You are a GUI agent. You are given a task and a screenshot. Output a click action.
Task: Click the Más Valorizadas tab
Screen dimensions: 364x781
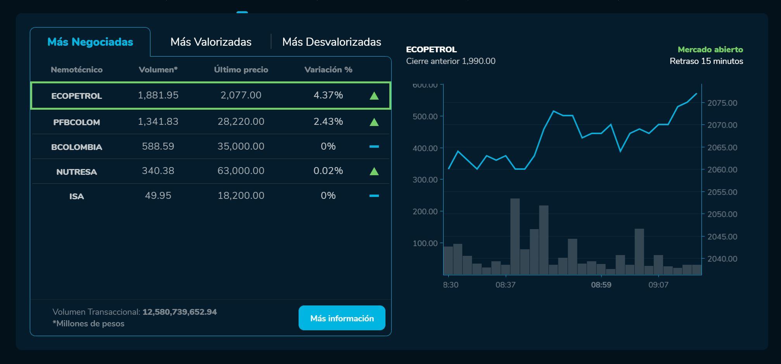[x=211, y=42]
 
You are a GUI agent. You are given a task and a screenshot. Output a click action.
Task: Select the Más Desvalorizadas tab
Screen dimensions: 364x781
[x=332, y=42]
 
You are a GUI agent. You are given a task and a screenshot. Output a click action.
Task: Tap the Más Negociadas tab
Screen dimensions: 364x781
[x=90, y=42]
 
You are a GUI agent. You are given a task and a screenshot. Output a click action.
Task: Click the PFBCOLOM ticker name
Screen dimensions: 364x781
[x=76, y=122]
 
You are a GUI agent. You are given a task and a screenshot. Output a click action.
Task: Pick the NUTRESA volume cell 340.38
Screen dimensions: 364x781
[x=158, y=171]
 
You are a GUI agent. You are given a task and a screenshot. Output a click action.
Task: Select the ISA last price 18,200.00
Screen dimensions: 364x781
[x=241, y=196]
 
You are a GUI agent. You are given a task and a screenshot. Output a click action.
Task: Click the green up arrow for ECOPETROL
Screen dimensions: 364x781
[x=374, y=96]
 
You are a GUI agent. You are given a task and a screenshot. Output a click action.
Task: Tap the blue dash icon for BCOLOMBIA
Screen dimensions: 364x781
[x=374, y=147]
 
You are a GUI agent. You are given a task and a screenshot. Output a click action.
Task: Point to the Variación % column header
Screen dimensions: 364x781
[x=328, y=70]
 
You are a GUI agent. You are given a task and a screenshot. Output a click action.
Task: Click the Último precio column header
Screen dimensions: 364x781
[x=241, y=70]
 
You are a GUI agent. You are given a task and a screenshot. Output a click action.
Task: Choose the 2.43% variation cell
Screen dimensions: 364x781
[x=328, y=122]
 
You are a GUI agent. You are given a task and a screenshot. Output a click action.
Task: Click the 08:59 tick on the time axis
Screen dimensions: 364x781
[x=601, y=285]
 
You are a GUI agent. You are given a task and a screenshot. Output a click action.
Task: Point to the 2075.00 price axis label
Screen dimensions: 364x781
[x=722, y=103]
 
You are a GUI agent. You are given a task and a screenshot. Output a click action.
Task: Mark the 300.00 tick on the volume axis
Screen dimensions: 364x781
[x=425, y=180]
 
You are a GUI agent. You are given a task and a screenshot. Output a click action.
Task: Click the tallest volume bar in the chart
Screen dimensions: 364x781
[x=515, y=236]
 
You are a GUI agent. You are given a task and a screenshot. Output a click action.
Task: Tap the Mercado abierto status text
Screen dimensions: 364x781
[x=710, y=50]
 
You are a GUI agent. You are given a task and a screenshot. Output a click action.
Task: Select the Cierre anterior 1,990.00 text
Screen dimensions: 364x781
[x=451, y=61]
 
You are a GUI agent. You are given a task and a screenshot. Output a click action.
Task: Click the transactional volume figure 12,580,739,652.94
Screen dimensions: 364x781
[x=180, y=312]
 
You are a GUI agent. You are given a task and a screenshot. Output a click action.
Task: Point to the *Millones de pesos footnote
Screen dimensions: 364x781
[x=88, y=324]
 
